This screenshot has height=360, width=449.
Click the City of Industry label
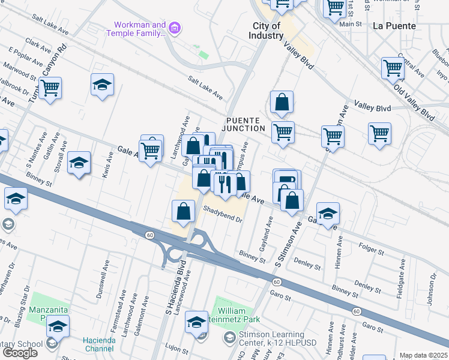267,31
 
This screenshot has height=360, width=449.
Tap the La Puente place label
394,26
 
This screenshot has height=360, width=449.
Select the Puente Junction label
246,124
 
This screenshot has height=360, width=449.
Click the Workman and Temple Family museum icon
175,27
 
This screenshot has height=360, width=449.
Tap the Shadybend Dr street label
222,215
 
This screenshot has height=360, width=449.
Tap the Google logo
20,352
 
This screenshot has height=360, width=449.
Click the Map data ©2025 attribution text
423,355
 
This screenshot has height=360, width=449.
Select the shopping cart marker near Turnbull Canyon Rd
50,88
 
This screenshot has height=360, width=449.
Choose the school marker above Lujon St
196,322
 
